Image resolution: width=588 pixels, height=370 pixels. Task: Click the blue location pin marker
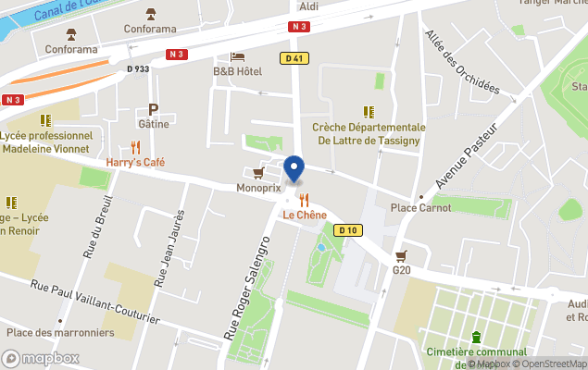pos(294,168)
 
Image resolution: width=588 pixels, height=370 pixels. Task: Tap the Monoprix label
pos(257,188)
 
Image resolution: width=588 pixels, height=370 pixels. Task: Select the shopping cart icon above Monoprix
pos(258,172)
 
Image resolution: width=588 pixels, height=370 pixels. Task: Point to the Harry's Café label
pos(135,162)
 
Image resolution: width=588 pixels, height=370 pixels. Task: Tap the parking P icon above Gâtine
pos(153,108)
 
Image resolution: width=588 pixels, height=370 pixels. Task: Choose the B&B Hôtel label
pos(237,71)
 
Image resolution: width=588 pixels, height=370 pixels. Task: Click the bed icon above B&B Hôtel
pos(237,56)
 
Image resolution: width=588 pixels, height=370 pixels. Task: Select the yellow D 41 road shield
pos(292,57)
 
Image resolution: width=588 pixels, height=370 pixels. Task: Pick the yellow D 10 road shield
pos(348,230)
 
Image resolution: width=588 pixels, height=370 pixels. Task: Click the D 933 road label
pos(137,68)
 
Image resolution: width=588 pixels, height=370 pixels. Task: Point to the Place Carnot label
pos(421,207)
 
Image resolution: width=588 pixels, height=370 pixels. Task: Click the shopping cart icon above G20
pos(401,255)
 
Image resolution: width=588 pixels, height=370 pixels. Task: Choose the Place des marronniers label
pos(59,332)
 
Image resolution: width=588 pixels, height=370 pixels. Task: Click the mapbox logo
pos(41,358)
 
